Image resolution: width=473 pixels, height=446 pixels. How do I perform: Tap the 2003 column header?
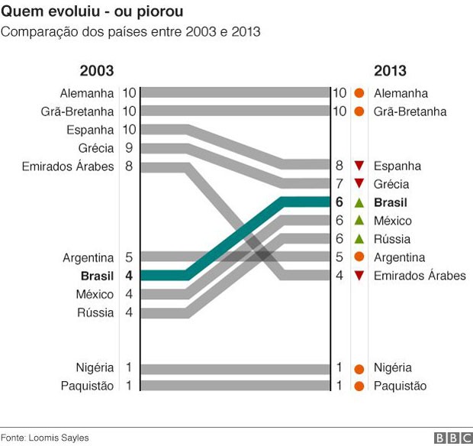[x=97, y=71]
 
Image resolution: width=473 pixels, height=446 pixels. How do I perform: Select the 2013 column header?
[x=390, y=71]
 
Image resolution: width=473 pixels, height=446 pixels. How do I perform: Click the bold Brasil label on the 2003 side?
[x=97, y=276]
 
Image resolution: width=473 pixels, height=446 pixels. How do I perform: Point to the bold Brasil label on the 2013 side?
[x=391, y=202]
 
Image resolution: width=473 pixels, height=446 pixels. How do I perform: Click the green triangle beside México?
[x=359, y=221]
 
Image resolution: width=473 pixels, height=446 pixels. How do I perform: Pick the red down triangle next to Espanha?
[x=359, y=166]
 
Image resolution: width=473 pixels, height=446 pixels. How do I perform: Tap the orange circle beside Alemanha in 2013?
[x=359, y=93]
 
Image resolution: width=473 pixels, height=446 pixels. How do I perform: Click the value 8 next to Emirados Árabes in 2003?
[x=128, y=166]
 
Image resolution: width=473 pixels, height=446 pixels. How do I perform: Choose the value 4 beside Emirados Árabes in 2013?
[x=339, y=276]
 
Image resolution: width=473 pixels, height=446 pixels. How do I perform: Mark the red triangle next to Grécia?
[x=359, y=184]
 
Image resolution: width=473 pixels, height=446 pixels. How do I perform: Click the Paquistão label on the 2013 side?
[x=400, y=386]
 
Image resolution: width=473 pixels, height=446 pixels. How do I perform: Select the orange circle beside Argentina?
[x=359, y=257]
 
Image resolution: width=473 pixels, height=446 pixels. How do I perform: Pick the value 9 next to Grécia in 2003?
[x=128, y=147]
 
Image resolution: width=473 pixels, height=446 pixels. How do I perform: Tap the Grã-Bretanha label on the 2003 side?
[x=79, y=112]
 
